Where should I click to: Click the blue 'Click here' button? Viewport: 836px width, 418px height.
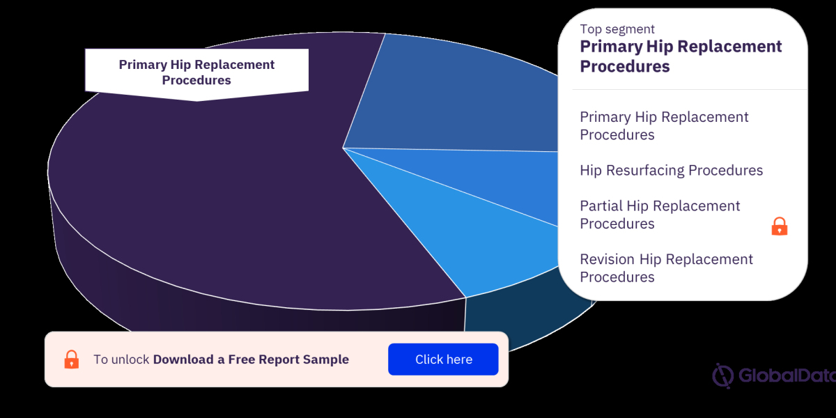(443, 359)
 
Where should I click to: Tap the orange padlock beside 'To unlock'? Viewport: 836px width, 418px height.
(71, 359)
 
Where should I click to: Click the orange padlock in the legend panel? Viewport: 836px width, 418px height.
(779, 226)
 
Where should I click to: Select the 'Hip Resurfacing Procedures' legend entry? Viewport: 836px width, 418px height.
(671, 171)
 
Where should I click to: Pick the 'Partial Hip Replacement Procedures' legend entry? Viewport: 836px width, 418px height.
(660, 215)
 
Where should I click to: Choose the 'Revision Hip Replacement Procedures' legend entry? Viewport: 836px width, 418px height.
(666, 268)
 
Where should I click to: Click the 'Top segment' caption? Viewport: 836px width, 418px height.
(617, 29)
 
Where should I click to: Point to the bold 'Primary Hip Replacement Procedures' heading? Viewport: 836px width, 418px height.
(681, 56)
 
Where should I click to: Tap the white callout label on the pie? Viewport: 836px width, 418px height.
(196, 72)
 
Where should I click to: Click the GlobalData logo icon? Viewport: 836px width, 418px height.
(722, 376)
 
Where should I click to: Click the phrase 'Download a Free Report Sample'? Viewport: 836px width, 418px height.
(251, 359)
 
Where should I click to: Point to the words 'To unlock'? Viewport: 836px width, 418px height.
(121, 359)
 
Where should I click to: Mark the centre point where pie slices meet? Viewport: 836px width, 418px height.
(343, 148)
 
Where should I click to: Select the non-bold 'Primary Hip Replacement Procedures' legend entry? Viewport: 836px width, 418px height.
(664, 126)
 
